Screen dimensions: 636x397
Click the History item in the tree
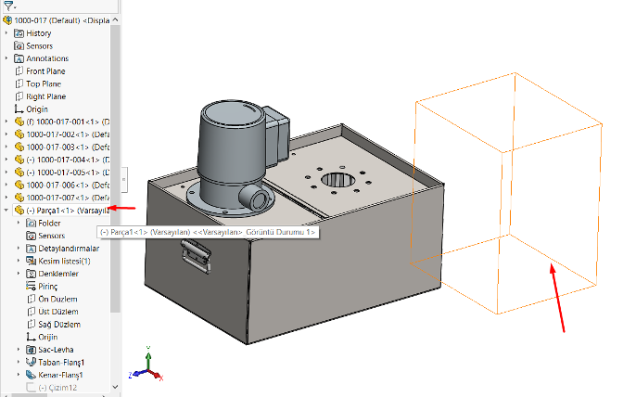(x=39, y=33)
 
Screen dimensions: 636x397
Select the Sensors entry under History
(x=39, y=45)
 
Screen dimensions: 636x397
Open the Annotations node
(x=46, y=58)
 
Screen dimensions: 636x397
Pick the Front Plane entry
(x=46, y=71)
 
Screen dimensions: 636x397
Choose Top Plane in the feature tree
(x=45, y=83)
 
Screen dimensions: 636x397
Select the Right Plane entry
(x=46, y=96)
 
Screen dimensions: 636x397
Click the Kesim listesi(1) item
(x=63, y=262)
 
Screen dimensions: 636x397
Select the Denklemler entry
(x=57, y=274)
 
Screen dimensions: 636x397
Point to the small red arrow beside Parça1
(x=123, y=210)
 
